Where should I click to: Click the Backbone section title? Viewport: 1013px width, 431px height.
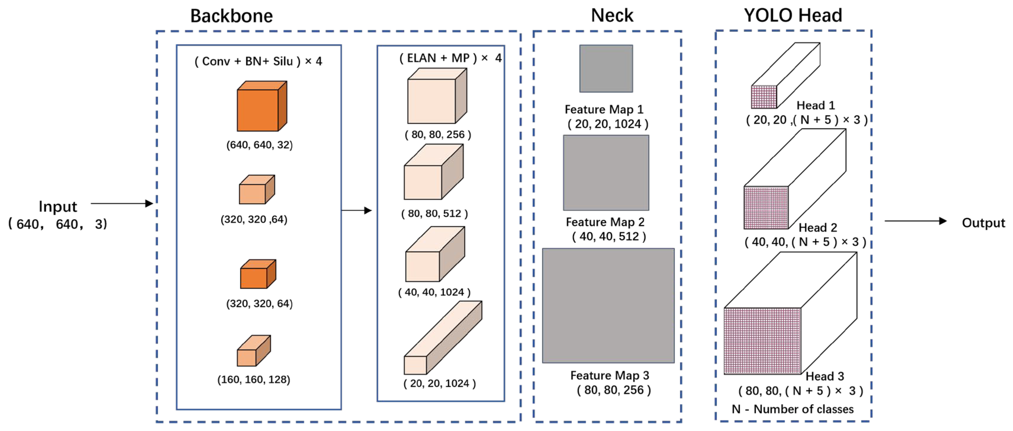[x=231, y=16]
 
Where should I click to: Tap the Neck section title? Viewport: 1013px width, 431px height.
[x=612, y=16]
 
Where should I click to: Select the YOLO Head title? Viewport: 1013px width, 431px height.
[x=793, y=15]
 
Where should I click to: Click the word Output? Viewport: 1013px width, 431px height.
[x=983, y=223]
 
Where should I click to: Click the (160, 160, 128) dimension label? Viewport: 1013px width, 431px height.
[x=254, y=380]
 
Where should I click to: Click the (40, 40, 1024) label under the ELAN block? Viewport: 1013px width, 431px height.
[x=434, y=292]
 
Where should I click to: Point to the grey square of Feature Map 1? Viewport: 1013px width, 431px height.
[x=606, y=69]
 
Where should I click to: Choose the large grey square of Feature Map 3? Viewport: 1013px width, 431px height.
[x=608, y=305]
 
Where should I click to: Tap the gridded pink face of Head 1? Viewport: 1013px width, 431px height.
[x=764, y=97]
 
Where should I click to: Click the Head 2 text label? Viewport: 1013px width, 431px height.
[x=818, y=227]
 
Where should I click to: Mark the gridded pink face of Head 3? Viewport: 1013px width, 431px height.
[x=762, y=341]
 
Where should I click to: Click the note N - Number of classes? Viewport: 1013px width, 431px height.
[x=792, y=409]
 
